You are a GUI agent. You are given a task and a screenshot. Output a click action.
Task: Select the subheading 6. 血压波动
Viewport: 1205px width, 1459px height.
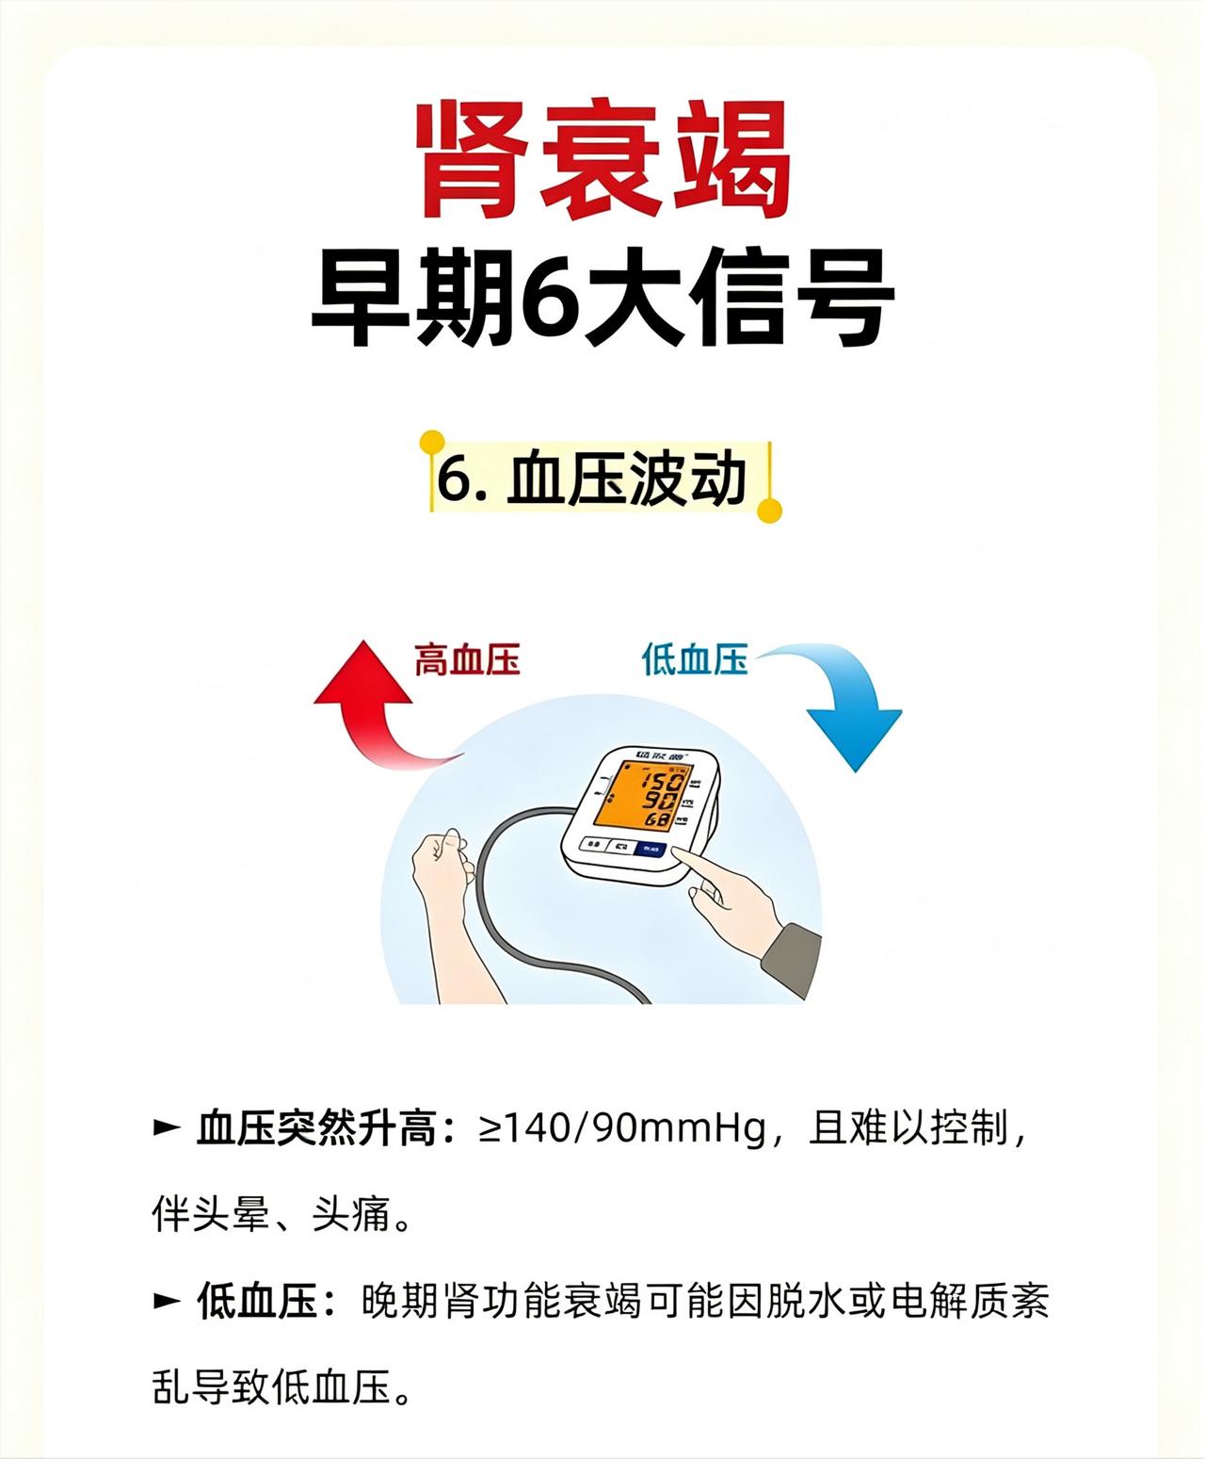(591, 479)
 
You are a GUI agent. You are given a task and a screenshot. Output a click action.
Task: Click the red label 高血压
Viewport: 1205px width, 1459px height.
(467, 659)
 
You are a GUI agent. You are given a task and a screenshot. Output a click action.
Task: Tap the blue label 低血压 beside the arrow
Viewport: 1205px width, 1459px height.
(695, 659)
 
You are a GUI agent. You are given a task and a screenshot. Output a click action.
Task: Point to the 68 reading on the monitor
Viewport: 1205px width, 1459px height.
(657, 819)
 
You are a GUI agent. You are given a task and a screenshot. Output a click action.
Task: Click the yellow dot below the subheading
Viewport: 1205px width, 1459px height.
(769, 511)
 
